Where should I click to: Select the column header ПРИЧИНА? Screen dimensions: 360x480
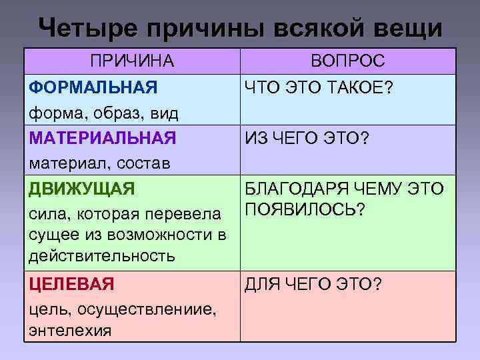[132, 61]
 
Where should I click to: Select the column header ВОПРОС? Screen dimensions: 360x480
[348, 61]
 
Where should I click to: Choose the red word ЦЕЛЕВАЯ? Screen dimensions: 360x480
[72, 284]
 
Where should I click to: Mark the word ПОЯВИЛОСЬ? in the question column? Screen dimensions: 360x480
[305, 210]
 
